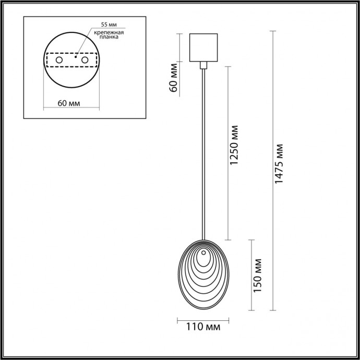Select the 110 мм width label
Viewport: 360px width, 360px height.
coord(202,328)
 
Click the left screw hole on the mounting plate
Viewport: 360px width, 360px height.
coord(59,61)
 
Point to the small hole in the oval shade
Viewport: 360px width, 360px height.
coord(202,254)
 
